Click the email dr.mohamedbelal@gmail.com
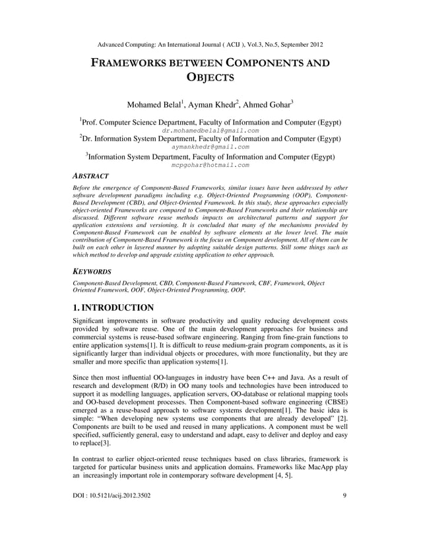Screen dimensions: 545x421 click(x=210, y=131)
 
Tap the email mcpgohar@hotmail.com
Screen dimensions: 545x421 click(x=210, y=166)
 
